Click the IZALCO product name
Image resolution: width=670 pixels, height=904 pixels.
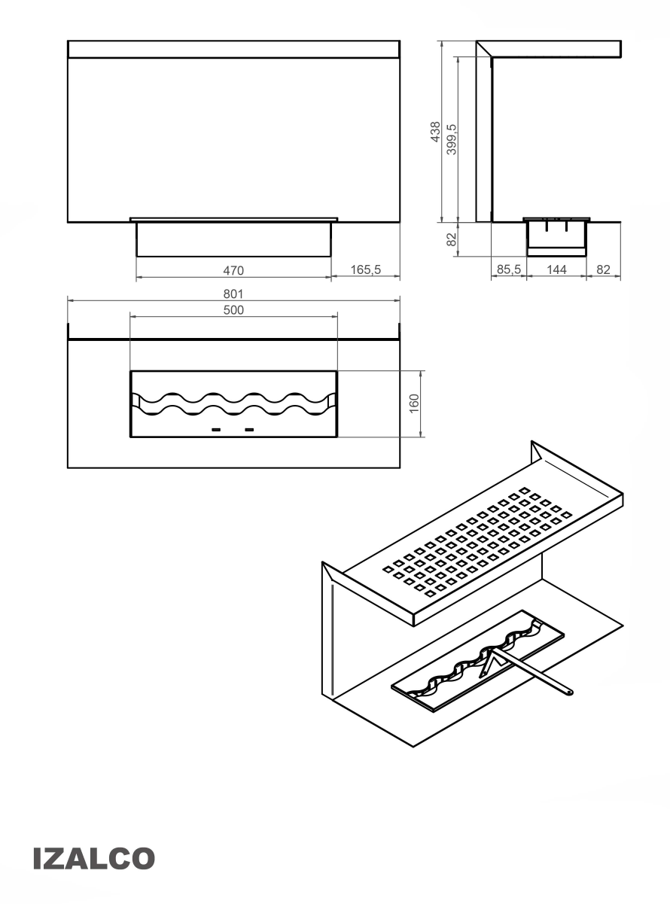94,858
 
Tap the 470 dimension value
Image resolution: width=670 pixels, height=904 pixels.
233,270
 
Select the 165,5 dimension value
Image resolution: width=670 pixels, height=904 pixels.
365,269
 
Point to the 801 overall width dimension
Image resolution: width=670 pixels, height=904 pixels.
233,294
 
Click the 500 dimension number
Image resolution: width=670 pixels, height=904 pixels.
233,310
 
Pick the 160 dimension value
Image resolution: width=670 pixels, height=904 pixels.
414,403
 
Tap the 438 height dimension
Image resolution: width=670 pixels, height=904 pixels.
436,132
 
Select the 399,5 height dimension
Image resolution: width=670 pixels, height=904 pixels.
452,139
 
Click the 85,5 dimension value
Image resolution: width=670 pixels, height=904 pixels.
508,269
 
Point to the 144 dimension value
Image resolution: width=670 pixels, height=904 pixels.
556,269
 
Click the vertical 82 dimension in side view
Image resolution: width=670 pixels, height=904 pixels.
451,239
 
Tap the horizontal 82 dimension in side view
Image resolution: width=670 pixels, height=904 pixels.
603,269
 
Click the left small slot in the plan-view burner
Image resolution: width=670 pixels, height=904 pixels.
216,430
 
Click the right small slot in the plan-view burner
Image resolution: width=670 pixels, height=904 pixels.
249,430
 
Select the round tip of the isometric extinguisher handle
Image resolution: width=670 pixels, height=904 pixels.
569,691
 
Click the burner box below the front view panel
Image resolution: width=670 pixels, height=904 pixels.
233,239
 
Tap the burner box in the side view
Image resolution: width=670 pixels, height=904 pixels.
556,239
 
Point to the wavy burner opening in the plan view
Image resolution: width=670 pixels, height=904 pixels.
233,404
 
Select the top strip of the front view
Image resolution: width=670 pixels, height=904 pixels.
233,50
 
